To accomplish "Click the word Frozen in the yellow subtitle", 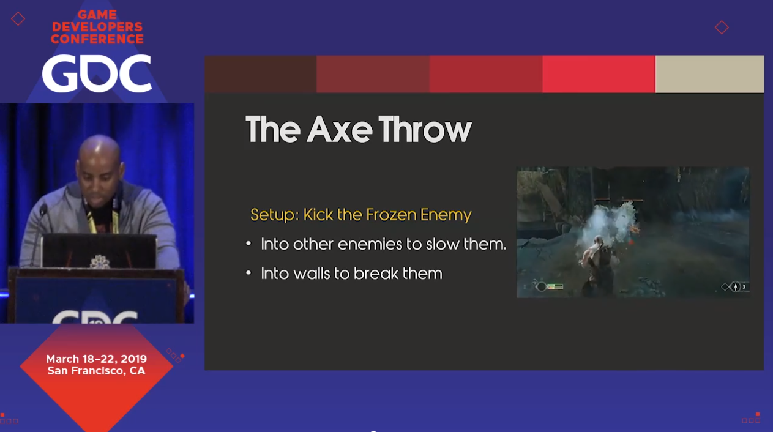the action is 391,215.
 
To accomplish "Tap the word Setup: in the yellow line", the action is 275,215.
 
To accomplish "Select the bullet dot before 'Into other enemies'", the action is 248,244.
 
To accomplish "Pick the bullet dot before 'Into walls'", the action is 248,274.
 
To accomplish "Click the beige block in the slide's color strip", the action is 709,74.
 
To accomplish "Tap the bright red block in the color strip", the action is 599,74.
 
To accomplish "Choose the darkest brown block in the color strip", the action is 261,74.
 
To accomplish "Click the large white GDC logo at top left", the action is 97,73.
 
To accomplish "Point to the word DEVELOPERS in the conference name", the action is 97,26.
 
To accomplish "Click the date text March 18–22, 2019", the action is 97,359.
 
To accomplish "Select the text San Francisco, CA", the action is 96,371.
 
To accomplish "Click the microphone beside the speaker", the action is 43,209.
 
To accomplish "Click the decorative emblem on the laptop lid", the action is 100,261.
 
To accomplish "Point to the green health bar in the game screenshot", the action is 555,286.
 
